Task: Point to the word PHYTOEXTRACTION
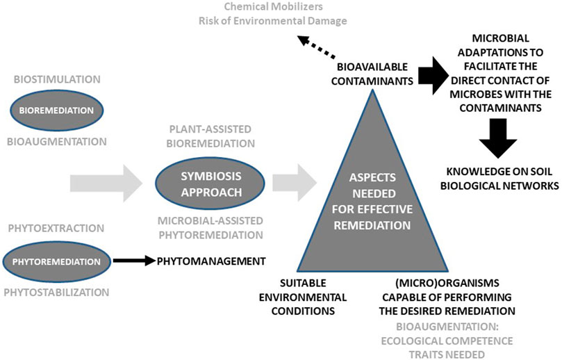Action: pos(58,227)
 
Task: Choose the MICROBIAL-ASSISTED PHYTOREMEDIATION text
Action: pos(210,227)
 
